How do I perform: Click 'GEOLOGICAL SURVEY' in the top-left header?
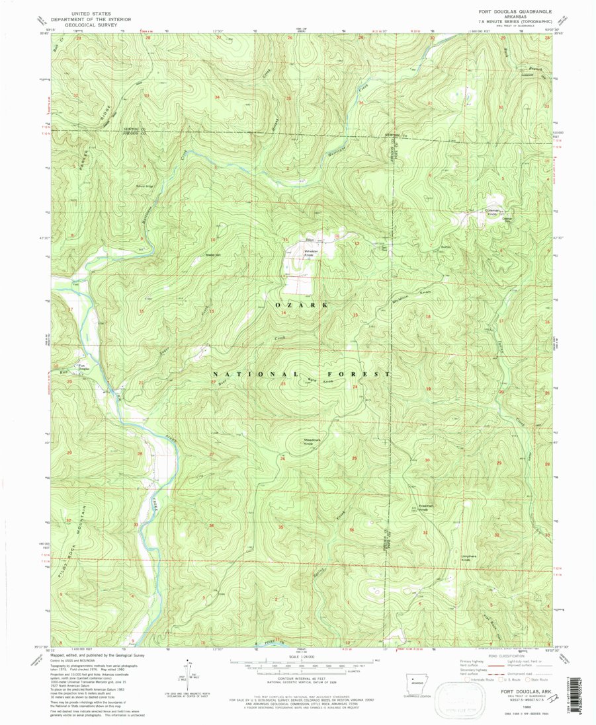click(99, 25)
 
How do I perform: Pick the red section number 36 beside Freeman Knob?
click(351, 530)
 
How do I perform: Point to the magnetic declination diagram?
click(185, 674)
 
